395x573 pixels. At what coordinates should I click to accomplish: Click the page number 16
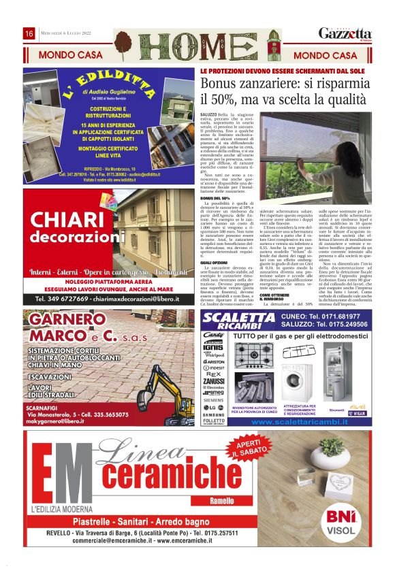click(29, 34)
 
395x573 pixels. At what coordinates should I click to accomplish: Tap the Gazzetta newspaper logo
click(346, 34)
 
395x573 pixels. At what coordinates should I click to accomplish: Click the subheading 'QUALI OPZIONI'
click(215, 262)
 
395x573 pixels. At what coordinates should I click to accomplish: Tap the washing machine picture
click(297, 388)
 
